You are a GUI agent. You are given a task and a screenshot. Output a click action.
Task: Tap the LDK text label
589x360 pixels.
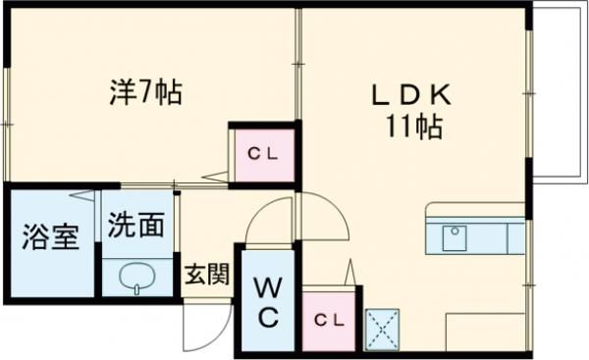(x=410, y=95)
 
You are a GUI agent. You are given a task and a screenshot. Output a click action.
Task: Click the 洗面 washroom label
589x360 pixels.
(x=135, y=227)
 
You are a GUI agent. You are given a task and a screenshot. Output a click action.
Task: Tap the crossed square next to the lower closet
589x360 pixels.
(x=381, y=330)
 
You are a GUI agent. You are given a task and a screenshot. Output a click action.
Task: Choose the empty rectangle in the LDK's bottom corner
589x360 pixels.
(x=485, y=332)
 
